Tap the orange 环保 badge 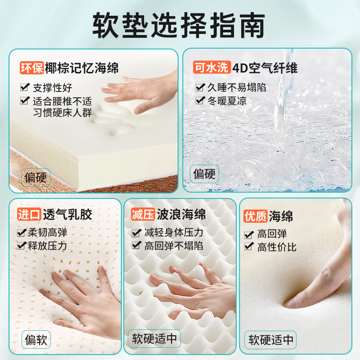(x=31, y=68)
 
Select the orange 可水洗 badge (x=212, y=68)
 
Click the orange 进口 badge (x=29, y=214)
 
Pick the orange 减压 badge (x=143, y=214)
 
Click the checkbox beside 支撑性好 (x=24, y=88)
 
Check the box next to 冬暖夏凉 (x=200, y=101)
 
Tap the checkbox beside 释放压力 (x=21, y=246)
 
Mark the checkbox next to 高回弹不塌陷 (x=136, y=246)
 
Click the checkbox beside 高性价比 (x=248, y=247)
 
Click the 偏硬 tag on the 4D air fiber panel (x=204, y=173)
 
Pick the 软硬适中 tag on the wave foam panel (x=155, y=338)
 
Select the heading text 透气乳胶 (x=67, y=214)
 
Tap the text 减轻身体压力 (x=174, y=233)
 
